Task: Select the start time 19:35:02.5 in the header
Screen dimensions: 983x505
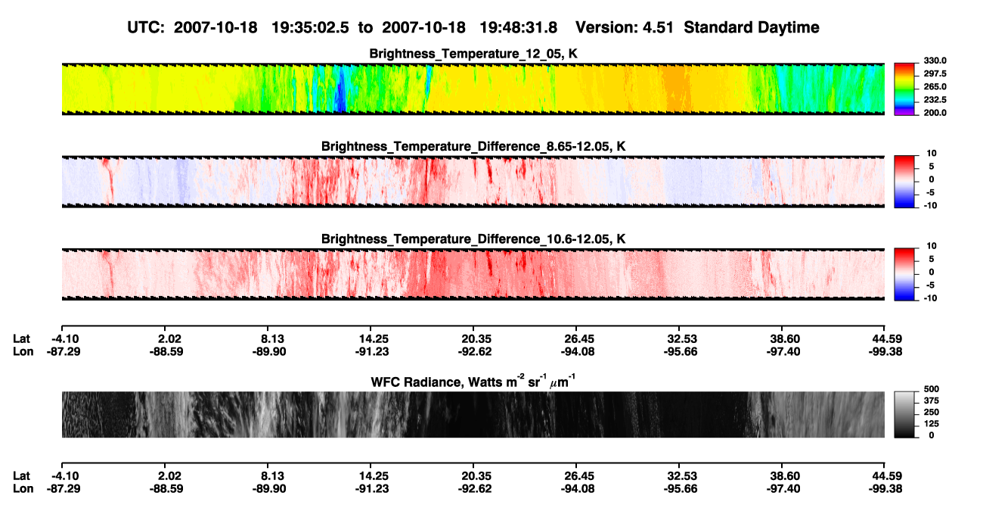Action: (310, 27)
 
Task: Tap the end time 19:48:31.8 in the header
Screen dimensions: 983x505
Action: (518, 27)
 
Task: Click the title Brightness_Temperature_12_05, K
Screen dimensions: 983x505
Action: (473, 54)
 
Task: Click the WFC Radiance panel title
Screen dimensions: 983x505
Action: (473, 381)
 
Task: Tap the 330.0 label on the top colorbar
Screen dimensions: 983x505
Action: (935, 61)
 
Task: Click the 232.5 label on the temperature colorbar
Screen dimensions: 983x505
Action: (935, 100)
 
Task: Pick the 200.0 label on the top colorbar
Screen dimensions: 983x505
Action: (935, 113)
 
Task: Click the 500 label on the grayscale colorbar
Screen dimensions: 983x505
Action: (932, 389)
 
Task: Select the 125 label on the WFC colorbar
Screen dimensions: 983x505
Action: (932, 424)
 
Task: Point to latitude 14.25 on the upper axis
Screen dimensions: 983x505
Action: (374, 339)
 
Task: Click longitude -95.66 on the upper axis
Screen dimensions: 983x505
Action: (681, 351)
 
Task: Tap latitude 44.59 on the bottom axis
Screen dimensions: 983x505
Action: (887, 476)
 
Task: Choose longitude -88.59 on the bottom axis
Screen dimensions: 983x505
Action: (166, 489)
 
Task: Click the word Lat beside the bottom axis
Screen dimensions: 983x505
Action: (21, 476)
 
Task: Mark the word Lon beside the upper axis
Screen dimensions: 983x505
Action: (23, 351)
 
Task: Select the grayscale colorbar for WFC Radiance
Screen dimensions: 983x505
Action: (904, 414)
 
